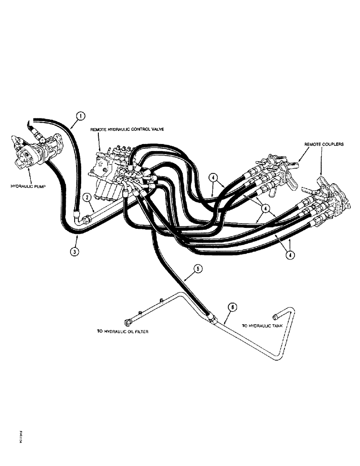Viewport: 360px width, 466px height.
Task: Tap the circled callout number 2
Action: pos(86,198)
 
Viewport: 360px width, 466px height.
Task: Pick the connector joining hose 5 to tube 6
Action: pos(212,318)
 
